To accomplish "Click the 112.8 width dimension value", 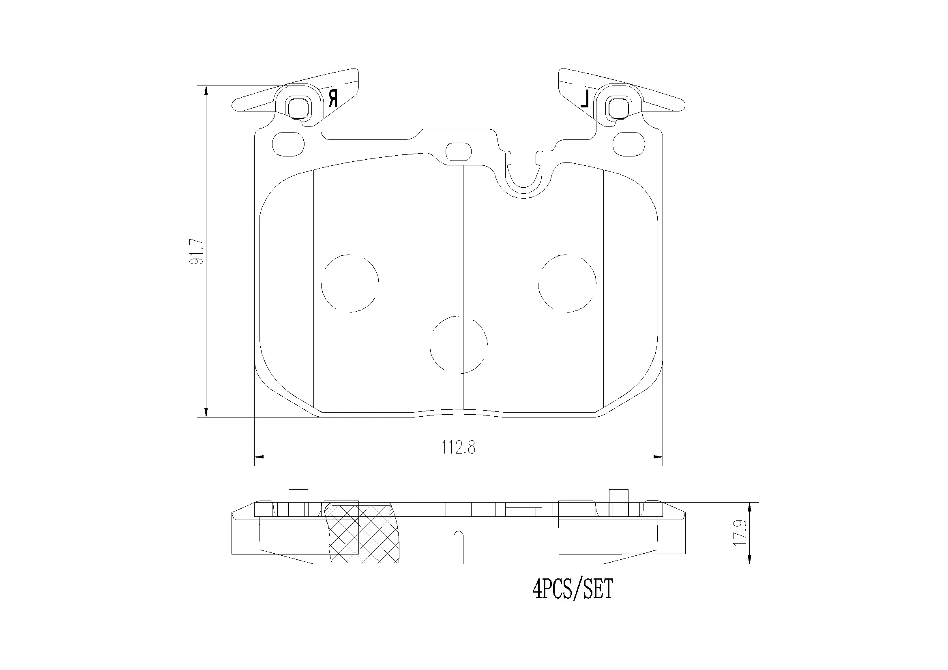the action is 458,447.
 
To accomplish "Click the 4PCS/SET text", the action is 572,589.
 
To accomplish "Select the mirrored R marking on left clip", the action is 333,98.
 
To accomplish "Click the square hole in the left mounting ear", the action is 298,108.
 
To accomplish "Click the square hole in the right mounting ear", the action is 619,108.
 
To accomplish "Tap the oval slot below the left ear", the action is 289,144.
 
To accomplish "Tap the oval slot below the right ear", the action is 628,144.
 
